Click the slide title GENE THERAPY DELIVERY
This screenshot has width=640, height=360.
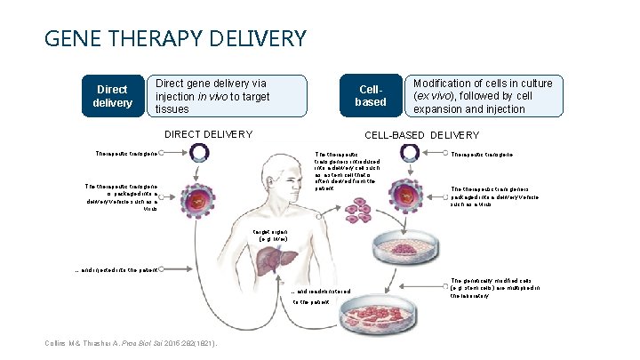coord(174,39)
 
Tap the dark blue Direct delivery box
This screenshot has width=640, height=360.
coord(111,96)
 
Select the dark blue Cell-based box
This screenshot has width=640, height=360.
coord(371,96)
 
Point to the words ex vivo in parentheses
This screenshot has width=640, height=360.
coord(433,96)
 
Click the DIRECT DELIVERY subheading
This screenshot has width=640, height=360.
coord(209,135)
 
